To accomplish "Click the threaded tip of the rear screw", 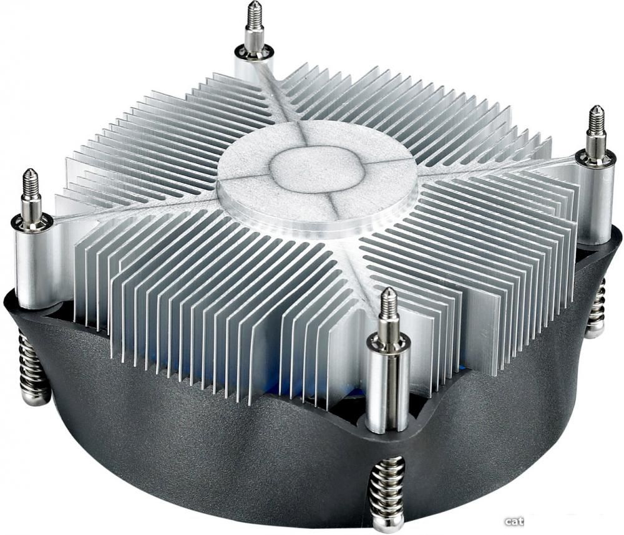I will (253, 15).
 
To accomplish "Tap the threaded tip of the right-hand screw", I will (597, 120).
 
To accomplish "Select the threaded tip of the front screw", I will (388, 304).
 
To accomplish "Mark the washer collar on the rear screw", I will (254, 52).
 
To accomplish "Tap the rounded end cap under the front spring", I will (387, 523).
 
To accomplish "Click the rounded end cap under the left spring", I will (35, 397).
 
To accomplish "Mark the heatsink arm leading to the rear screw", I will (275, 94).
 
